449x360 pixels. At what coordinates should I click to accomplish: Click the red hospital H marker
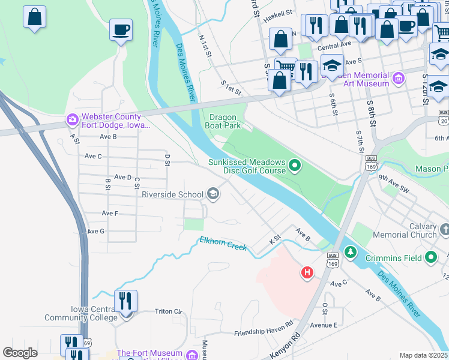pos(307,273)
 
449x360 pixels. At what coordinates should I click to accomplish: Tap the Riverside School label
pos(172,194)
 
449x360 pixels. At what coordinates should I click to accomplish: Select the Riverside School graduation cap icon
pos(212,193)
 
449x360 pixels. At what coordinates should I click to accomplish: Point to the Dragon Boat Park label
pos(225,121)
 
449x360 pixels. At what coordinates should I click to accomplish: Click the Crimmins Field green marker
pos(430,257)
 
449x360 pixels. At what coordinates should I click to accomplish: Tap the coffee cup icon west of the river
pos(121,30)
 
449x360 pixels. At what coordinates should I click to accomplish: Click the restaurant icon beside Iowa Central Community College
pos(125,301)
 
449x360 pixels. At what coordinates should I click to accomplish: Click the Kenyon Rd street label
pos(284,347)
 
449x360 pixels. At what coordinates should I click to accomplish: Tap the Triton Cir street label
pos(168,311)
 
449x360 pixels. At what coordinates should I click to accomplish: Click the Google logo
pos(20,352)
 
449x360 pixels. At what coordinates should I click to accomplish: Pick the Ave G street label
pos(95,231)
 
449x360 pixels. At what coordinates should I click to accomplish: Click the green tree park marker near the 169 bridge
pos(350,250)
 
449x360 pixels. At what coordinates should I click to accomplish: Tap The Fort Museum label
pos(149,353)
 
